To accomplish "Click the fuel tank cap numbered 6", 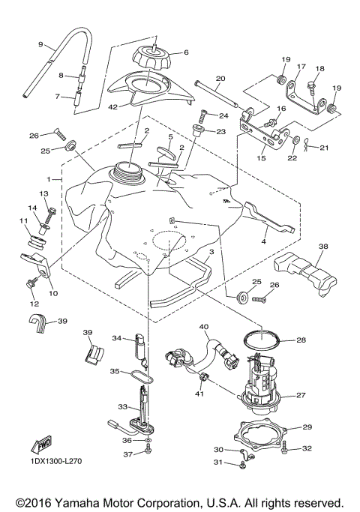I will click(x=154, y=57).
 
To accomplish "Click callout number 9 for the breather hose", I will click(x=40, y=44).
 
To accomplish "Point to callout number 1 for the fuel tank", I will click(x=49, y=180).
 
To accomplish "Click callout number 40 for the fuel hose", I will click(x=202, y=326).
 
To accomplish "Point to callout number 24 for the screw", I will click(x=223, y=115).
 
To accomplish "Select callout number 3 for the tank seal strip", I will click(x=212, y=253).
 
